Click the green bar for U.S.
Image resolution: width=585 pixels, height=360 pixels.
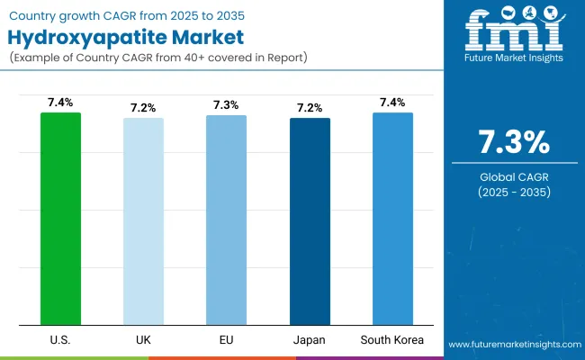pos(60,218)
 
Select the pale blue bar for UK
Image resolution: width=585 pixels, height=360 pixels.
pos(143,220)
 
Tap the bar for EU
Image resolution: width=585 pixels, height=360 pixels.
pos(226,220)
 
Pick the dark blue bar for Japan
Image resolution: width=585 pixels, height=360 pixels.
pos(310,220)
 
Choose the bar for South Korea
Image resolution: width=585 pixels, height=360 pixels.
pos(392,218)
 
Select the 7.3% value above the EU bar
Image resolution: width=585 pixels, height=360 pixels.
pos(226,106)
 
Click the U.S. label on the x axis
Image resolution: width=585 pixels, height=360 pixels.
pos(60,340)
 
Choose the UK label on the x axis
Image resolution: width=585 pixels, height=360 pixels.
pos(143,340)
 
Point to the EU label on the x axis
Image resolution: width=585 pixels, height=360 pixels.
pos(226,340)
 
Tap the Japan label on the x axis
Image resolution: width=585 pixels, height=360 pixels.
pos(310,340)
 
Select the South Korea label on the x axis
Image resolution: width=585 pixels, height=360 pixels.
pos(392,340)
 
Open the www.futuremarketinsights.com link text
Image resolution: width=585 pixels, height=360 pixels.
pos(511,345)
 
